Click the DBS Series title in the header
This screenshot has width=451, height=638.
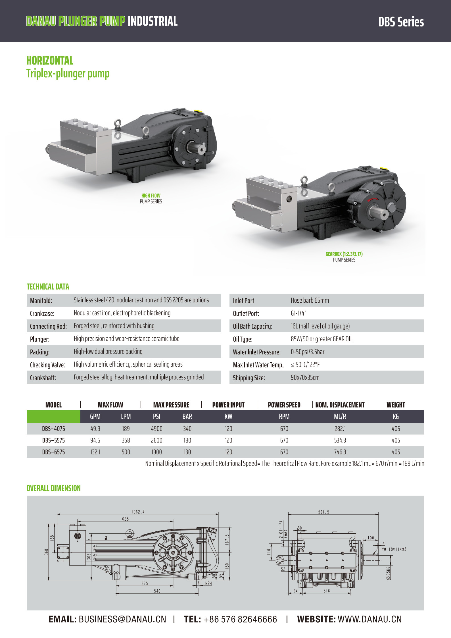tap(401, 22)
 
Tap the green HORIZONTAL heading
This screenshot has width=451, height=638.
tap(50, 61)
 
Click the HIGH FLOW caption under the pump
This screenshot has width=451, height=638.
tap(151, 196)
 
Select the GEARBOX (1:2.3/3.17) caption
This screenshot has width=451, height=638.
tap(344, 254)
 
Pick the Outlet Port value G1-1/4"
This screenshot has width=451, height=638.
tap(298, 313)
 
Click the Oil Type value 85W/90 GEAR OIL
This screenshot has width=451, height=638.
tap(321, 339)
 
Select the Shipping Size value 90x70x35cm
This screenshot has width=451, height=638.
tap(305, 377)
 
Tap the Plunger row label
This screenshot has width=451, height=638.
tap(40, 339)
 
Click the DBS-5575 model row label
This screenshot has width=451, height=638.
tap(53, 440)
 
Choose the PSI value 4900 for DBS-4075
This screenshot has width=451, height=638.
tap(156, 429)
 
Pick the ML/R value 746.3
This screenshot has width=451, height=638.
tap(340, 452)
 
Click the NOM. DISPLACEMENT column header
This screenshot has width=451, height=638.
tap(340, 405)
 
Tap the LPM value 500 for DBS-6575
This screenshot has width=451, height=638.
tap(126, 452)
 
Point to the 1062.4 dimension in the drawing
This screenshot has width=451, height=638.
tap(138, 512)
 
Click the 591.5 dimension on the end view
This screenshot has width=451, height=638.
tap(324, 512)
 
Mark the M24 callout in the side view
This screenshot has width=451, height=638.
tap(208, 583)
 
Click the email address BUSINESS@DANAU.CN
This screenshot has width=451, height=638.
tap(122, 619)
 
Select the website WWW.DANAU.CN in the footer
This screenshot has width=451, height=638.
tap(370, 619)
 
